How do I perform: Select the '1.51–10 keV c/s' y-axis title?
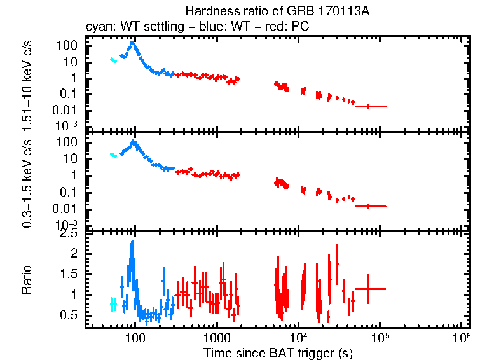[x=29, y=83]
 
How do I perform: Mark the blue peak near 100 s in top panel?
[x=133, y=43]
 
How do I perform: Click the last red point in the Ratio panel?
[x=367, y=289]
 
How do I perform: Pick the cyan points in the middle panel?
[x=113, y=155]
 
